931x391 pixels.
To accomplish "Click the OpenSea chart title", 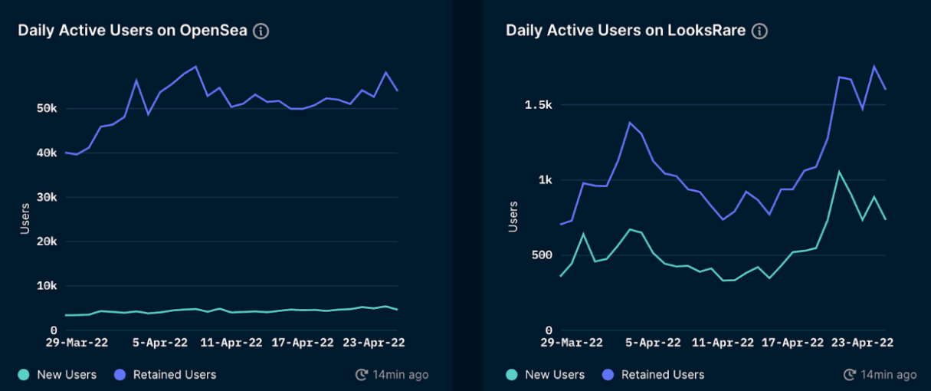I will (x=133, y=31).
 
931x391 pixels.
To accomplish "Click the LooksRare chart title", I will (x=626, y=31).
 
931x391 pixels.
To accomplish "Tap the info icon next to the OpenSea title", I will (x=261, y=31).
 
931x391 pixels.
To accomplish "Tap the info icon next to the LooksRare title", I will (x=759, y=31).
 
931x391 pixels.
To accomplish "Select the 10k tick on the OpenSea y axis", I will (x=44, y=286).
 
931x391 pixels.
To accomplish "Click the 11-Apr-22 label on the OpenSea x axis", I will (x=231, y=343).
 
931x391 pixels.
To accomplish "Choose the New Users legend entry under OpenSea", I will (x=58, y=375).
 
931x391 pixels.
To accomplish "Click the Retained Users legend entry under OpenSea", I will (x=166, y=375).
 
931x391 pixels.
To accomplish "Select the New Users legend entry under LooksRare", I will (x=546, y=375).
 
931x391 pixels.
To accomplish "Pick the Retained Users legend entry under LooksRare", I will (x=654, y=375).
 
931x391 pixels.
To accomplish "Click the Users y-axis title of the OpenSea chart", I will (x=25, y=219).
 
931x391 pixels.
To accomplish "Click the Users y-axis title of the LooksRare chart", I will (x=513, y=217).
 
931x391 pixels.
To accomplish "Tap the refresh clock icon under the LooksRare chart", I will (x=850, y=375).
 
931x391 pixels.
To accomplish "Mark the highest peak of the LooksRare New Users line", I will (x=839, y=172).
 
